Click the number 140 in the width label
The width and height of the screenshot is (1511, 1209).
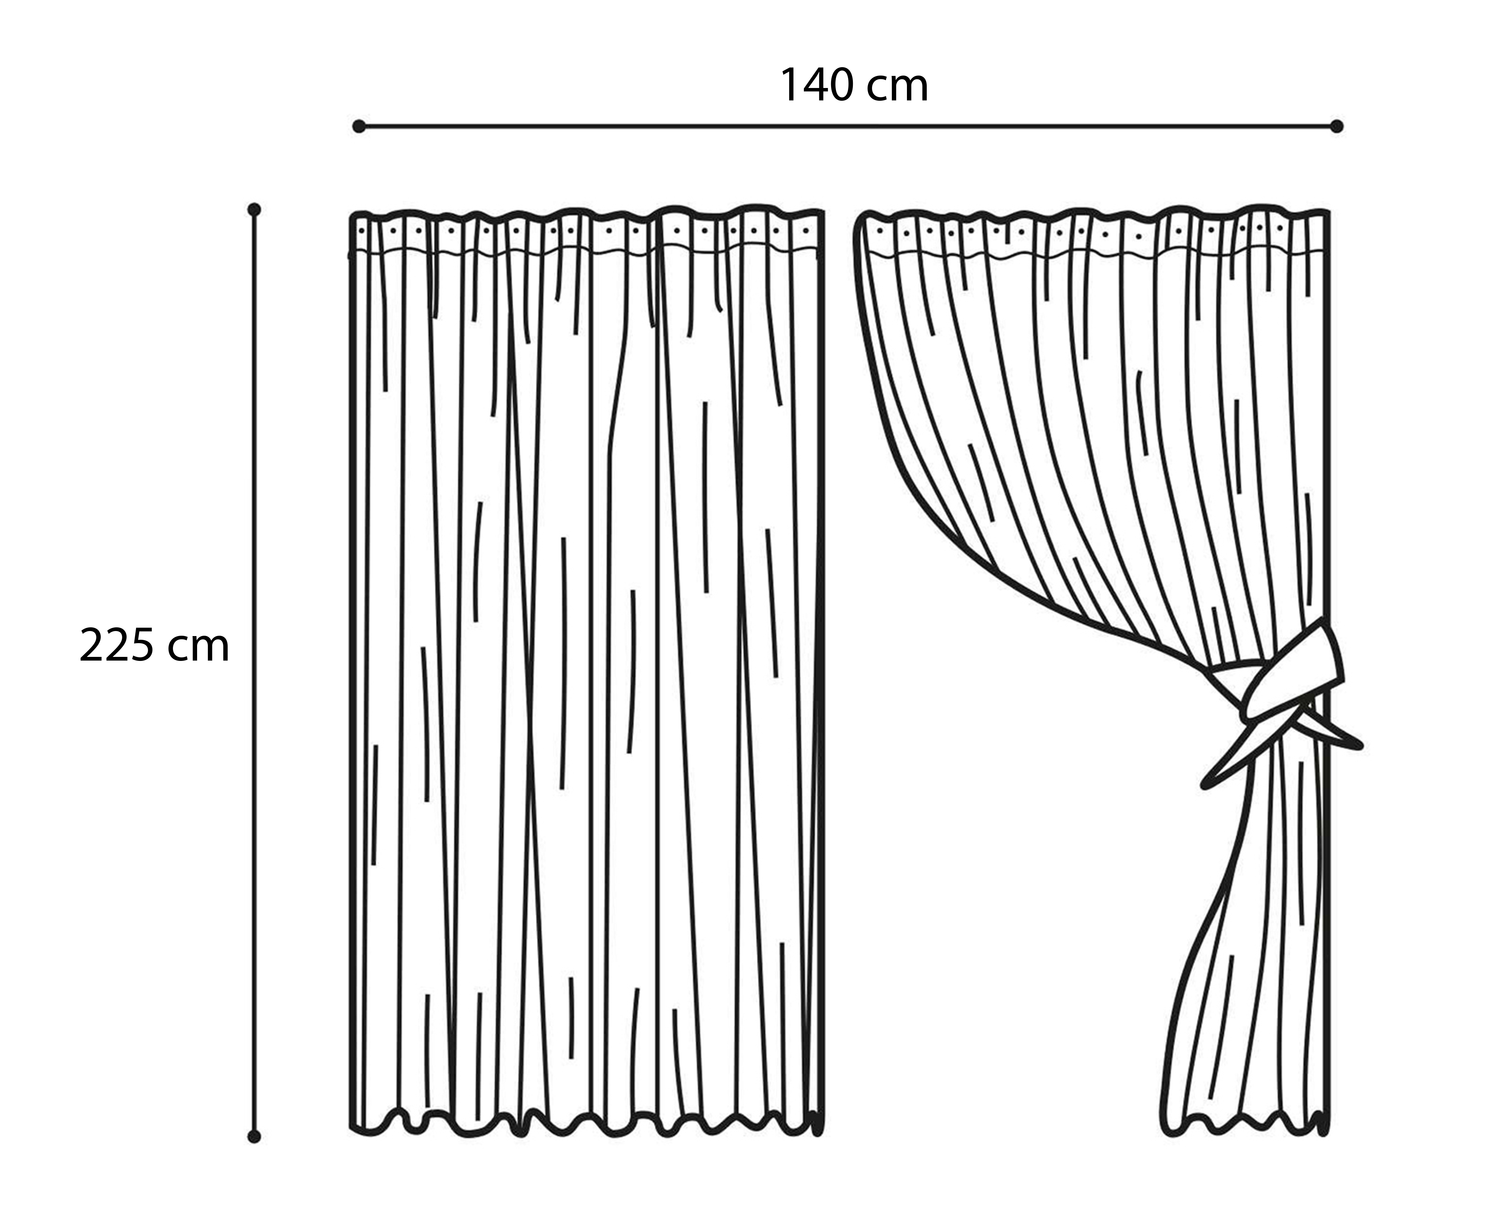tap(817, 86)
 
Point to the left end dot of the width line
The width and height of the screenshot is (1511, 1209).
tap(359, 126)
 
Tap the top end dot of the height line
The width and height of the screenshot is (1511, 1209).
tap(255, 210)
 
